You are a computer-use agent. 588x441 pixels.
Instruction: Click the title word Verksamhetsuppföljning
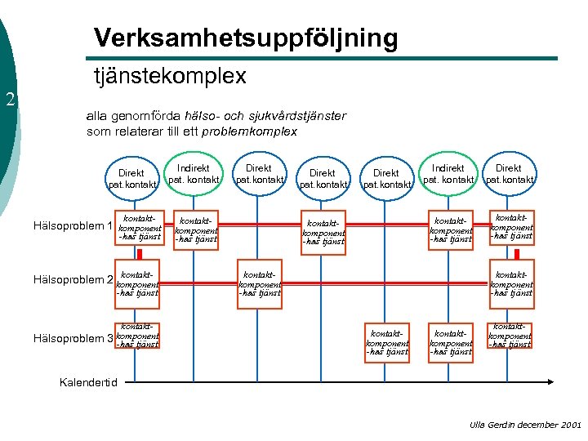(246, 38)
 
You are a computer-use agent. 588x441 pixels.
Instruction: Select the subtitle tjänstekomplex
(170, 76)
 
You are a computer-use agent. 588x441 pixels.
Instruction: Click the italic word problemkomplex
(249, 131)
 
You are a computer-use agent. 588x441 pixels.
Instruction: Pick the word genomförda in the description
(142, 116)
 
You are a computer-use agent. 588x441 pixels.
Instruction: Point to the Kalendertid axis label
(90, 382)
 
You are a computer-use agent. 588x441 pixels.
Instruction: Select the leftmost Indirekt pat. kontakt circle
(194, 173)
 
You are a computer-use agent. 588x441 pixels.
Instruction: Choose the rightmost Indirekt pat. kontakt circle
(448, 173)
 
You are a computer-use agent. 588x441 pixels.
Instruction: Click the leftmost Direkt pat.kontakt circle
(131, 178)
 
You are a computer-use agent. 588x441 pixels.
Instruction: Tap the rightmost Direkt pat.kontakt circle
(510, 173)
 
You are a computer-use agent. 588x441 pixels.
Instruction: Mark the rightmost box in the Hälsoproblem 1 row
(511, 226)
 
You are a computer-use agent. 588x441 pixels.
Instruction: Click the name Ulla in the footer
(479, 425)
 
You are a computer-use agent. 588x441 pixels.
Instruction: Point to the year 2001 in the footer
(572, 425)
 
